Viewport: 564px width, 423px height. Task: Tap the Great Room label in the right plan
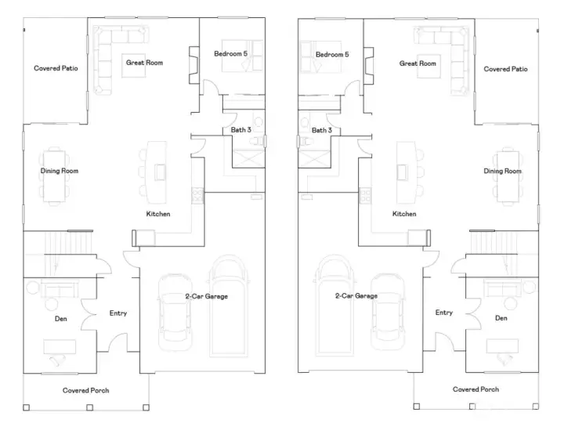(x=418, y=63)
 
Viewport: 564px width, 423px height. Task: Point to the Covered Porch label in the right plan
(x=475, y=389)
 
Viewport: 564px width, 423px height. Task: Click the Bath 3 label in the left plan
(x=240, y=129)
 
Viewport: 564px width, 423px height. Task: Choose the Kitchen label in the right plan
(x=404, y=214)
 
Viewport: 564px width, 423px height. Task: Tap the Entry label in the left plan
(x=118, y=313)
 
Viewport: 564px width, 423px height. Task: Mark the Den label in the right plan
(x=501, y=318)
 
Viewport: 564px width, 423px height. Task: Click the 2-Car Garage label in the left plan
(x=207, y=296)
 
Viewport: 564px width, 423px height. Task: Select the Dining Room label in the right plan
(x=502, y=171)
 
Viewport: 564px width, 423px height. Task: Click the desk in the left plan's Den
(x=60, y=346)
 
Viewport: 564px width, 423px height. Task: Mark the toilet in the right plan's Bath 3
(x=304, y=142)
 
